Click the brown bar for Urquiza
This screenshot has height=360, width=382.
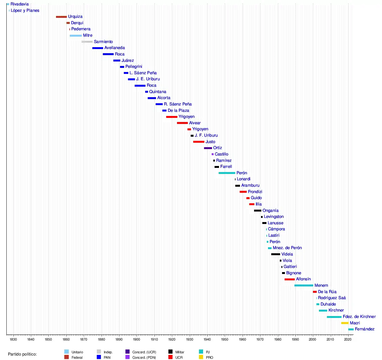(61, 17)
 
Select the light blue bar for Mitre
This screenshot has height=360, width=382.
(76, 35)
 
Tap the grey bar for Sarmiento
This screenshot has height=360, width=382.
(87, 42)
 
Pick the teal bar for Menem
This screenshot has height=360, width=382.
(304, 285)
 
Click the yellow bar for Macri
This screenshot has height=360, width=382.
(345, 323)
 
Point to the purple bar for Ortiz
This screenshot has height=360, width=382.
(208, 148)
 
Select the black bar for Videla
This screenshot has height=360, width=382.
(276, 254)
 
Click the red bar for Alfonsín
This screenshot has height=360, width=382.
(290, 279)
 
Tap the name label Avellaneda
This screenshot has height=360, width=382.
(115, 48)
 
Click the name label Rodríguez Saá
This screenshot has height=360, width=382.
(332, 298)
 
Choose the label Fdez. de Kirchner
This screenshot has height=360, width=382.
(359, 317)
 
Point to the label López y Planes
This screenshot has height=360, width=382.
(25, 11)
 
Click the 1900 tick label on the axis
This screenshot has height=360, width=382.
(137, 339)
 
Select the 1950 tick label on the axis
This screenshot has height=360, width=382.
(225, 339)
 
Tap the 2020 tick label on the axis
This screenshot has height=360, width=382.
(348, 339)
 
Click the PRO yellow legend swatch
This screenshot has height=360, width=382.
(201, 357)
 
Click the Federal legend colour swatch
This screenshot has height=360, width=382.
(67, 357)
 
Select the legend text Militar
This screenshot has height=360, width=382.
(180, 352)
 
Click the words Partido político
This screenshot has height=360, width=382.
(22, 354)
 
